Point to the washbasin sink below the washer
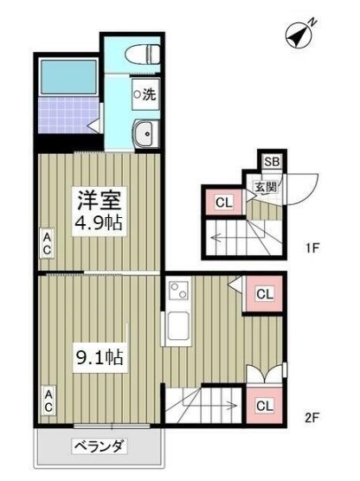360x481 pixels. [144, 133]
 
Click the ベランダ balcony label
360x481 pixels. [99, 447]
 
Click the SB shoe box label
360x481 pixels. [272, 162]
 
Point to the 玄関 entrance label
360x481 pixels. [265, 185]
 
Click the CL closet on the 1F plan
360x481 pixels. [223, 203]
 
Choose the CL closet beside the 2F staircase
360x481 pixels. [264, 405]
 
